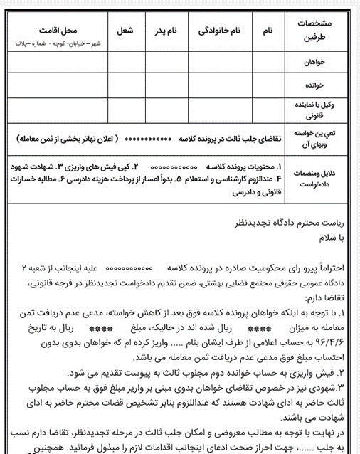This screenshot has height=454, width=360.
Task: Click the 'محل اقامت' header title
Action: pos(58,32)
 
